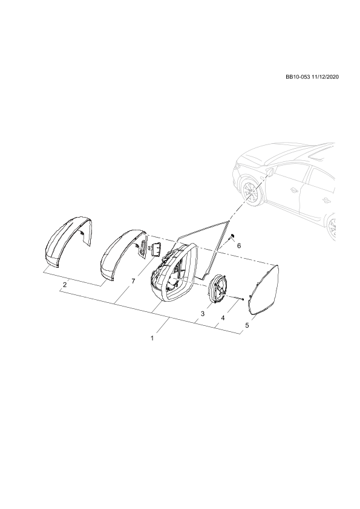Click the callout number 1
click(x=152, y=338)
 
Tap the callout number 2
click(x=65, y=285)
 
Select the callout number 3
click(x=203, y=314)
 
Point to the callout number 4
click(x=223, y=318)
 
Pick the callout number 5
click(x=247, y=325)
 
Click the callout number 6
click(x=239, y=246)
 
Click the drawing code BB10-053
click(x=297, y=77)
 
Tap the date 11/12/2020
click(x=324, y=77)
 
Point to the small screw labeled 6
click(x=232, y=237)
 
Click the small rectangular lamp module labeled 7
click(x=155, y=250)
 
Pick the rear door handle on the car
click(x=326, y=200)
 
